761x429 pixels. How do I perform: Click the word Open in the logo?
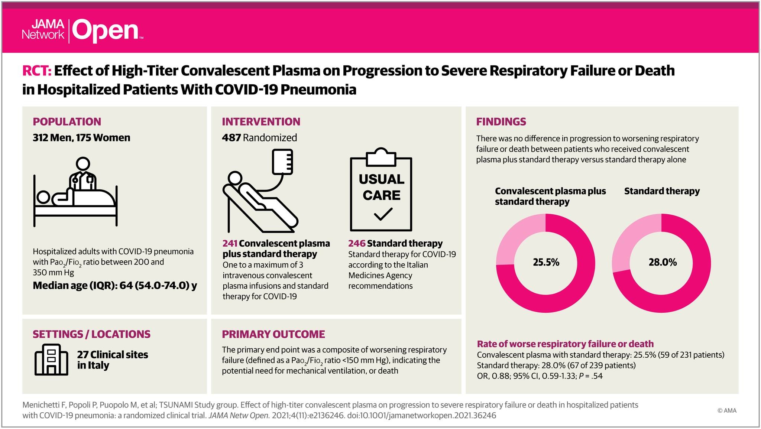pyautogui.click(x=105, y=31)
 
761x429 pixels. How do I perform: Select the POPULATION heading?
pyautogui.click(x=67, y=122)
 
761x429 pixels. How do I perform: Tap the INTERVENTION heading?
pyautogui.click(x=261, y=122)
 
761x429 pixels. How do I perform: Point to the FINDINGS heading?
pyautogui.click(x=501, y=122)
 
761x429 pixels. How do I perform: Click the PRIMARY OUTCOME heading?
pyautogui.click(x=273, y=334)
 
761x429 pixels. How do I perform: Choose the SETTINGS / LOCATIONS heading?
pyautogui.click(x=91, y=334)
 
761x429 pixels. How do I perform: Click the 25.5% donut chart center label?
pyautogui.click(x=546, y=263)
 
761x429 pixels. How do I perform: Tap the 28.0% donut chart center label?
pyautogui.click(x=663, y=263)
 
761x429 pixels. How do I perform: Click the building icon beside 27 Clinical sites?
pyautogui.click(x=51, y=359)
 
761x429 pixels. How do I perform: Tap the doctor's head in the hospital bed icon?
pyautogui.click(x=82, y=164)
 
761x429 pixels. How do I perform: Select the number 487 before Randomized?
pyautogui.click(x=231, y=138)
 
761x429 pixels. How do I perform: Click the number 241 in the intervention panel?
pyautogui.click(x=230, y=244)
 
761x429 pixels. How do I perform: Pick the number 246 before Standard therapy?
pyautogui.click(x=357, y=244)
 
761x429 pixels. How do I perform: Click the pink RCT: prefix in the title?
pyautogui.click(x=36, y=71)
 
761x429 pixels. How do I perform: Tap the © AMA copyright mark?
pyautogui.click(x=727, y=410)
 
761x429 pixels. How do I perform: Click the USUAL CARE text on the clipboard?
pyautogui.click(x=381, y=187)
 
